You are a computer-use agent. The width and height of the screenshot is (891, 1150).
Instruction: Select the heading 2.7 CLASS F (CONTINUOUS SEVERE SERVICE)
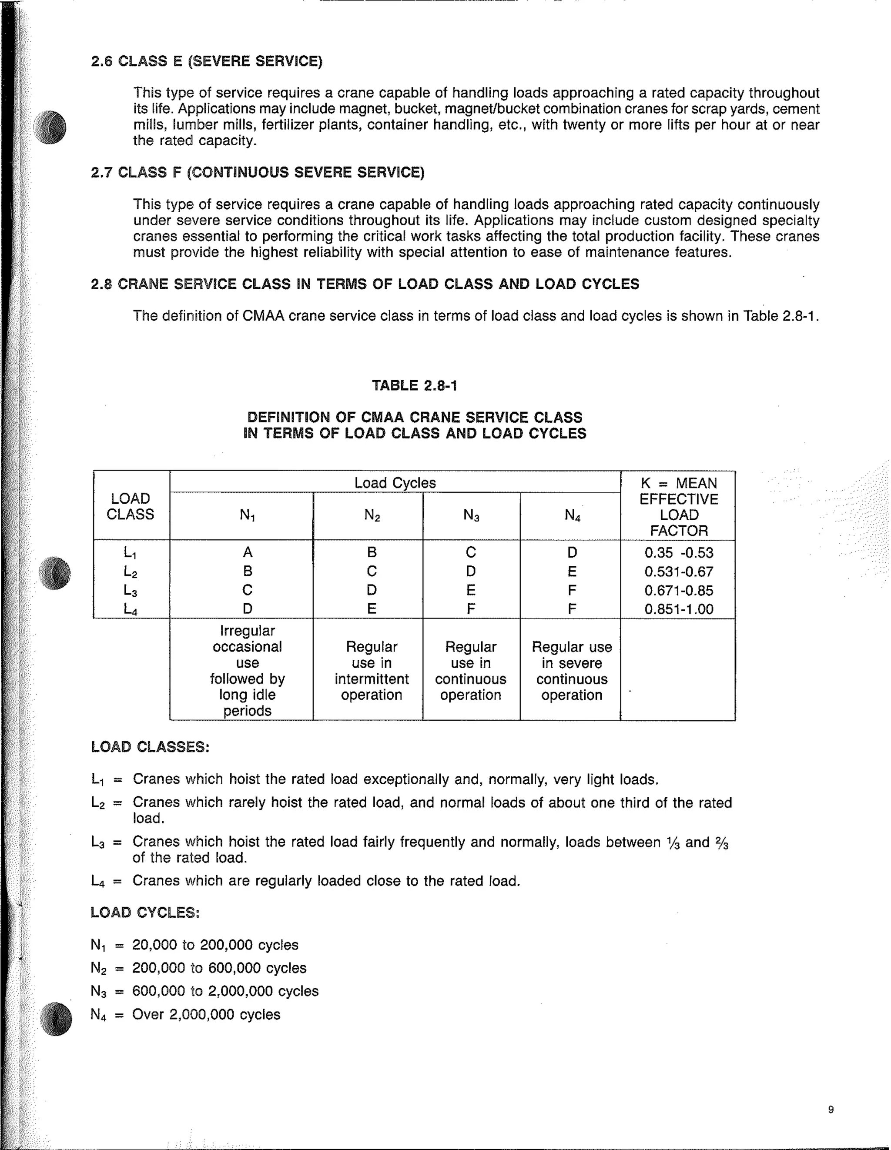(258, 173)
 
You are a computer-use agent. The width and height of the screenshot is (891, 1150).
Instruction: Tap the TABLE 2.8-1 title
(415, 385)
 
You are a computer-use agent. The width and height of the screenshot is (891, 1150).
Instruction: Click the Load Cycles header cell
(395, 483)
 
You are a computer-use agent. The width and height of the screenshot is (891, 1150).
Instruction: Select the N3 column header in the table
(471, 515)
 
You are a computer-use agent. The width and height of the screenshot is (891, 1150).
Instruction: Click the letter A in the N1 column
(248, 552)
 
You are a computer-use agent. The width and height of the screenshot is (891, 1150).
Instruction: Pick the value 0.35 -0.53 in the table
(679, 553)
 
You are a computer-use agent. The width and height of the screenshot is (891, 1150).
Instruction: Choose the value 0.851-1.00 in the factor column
(679, 609)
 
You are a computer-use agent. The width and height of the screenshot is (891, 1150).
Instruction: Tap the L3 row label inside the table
(130, 590)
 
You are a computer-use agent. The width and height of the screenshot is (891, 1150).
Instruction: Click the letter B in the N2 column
(372, 552)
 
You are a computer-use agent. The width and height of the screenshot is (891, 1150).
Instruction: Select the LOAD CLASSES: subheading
(150, 747)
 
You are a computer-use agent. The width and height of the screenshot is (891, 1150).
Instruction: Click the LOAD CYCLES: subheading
(145, 912)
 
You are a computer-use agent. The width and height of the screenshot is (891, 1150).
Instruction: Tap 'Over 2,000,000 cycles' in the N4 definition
(206, 1014)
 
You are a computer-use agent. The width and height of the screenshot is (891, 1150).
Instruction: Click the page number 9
(831, 1110)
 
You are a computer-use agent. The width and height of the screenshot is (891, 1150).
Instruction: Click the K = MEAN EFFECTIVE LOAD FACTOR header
(678, 507)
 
